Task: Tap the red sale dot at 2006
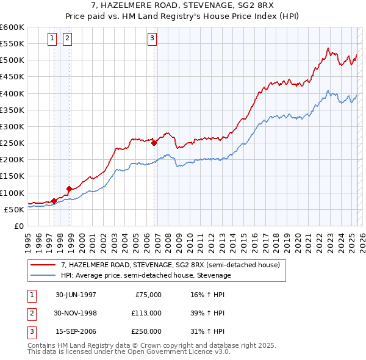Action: tap(154, 143)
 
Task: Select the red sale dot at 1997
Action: tap(54, 200)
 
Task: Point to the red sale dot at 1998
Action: tap(70, 188)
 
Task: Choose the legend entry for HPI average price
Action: tap(146, 275)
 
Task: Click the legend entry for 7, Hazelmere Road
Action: tap(170, 265)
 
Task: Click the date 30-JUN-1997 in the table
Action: tap(76, 295)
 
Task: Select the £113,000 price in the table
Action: tap(147, 313)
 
